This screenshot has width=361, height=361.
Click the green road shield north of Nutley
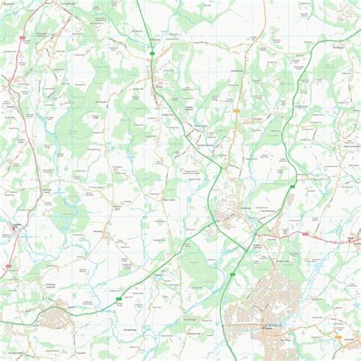pyautogui.click(x=152, y=53)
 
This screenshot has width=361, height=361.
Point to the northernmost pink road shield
pyautogui.click(x=22, y=36)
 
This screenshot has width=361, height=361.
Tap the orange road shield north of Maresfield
pyautogui.click(x=238, y=111)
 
